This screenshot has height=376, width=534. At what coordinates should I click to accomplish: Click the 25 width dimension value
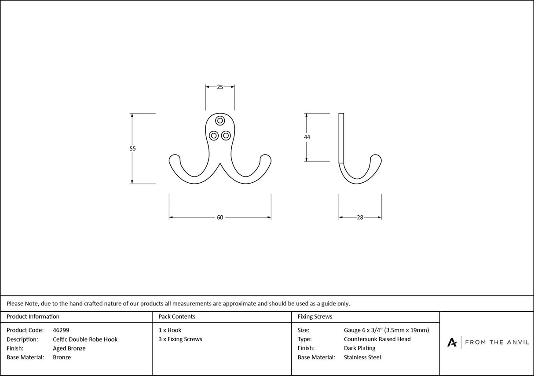[220, 87]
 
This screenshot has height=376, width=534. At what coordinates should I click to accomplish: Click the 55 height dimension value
[132, 149]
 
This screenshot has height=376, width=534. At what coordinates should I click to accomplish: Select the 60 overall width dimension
[220, 217]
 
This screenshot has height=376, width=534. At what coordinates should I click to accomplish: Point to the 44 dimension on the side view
[307, 137]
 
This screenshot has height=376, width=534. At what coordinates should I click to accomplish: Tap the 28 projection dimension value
[360, 217]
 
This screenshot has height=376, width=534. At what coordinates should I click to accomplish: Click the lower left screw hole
[214, 135]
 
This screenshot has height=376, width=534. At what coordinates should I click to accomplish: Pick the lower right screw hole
[226, 135]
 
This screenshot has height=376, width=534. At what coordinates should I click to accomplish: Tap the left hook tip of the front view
[174, 158]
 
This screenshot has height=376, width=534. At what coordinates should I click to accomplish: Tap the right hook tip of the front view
[266, 158]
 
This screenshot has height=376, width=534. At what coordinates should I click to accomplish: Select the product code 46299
[61, 330]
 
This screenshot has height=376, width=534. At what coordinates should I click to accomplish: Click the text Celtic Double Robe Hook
[85, 339]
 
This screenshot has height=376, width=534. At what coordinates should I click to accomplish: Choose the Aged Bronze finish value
[69, 349]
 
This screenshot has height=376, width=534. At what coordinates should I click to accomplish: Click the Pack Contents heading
[177, 317]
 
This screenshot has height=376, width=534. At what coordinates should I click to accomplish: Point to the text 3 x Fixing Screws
[180, 339]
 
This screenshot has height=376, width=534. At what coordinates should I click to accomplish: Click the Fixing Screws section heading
[315, 317]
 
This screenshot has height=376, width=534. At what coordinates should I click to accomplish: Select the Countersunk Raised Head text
[377, 339]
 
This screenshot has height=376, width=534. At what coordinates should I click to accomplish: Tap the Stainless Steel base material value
[362, 358]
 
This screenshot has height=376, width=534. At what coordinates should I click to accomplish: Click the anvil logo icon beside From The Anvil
[452, 342]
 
